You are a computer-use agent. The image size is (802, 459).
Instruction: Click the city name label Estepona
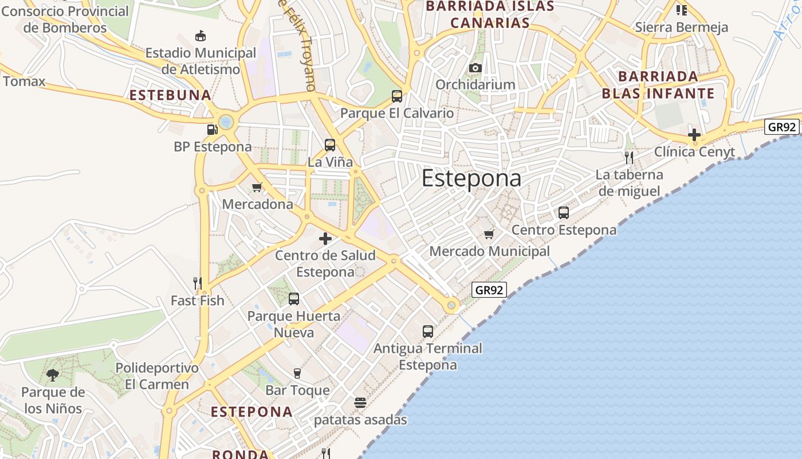pyautogui.click(x=471, y=178)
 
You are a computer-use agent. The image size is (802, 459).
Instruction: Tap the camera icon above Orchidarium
pyautogui.click(x=475, y=68)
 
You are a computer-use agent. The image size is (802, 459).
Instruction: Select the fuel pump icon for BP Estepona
pyautogui.click(x=213, y=130)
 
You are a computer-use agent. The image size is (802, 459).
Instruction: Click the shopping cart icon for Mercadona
pyautogui.click(x=257, y=187)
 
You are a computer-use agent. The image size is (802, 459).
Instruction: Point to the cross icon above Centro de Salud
pyautogui.click(x=325, y=238)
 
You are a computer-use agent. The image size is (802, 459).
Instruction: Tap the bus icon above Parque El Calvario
pyautogui.click(x=397, y=96)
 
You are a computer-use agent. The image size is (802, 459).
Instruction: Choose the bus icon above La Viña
pyautogui.click(x=330, y=145)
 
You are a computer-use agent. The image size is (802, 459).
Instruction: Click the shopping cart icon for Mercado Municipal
pyautogui.click(x=489, y=234)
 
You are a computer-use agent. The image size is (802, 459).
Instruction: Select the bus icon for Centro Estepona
pyautogui.click(x=564, y=213)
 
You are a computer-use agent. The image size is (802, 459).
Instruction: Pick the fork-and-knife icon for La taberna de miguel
pyautogui.click(x=629, y=157)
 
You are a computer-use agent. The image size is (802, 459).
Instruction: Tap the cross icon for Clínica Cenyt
pyautogui.click(x=694, y=135)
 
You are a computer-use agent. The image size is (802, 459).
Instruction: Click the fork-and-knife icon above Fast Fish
pyautogui.click(x=198, y=283)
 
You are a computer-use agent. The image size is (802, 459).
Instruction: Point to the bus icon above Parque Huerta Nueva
pyautogui.click(x=294, y=299)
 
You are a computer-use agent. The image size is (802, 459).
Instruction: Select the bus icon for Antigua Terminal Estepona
pyautogui.click(x=428, y=331)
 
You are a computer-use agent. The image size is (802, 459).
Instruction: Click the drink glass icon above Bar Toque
pyautogui.click(x=297, y=374)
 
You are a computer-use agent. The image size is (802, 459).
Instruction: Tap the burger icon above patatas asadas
pyautogui.click(x=360, y=403)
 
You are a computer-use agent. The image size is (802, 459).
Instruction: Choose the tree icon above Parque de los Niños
pyautogui.click(x=53, y=375)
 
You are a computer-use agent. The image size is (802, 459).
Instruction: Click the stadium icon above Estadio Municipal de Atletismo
pyautogui.click(x=200, y=36)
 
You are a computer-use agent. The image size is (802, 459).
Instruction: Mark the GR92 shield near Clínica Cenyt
pyautogui.click(x=781, y=127)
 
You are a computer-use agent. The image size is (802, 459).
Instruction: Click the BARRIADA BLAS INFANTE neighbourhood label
pyautogui.click(x=658, y=85)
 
